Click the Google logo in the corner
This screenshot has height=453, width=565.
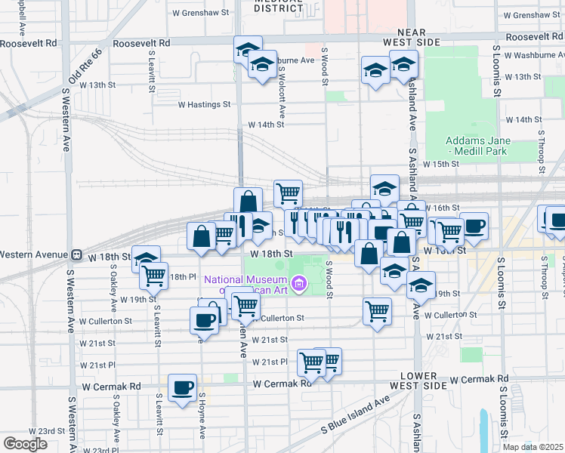[x=26, y=444]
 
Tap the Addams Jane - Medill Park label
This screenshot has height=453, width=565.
[x=478, y=146]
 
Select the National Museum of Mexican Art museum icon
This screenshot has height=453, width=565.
[x=299, y=284]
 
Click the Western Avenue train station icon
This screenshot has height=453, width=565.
[x=76, y=255]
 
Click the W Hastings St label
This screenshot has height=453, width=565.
[x=204, y=104]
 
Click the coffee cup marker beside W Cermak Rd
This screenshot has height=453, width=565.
[x=181, y=389]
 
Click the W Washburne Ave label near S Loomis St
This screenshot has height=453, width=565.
[x=534, y=54]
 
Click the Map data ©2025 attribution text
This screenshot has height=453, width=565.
[x=533, y=447]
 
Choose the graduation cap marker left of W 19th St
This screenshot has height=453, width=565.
[x=421, y=285]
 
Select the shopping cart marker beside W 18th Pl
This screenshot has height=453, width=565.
[x=153, y=276]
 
